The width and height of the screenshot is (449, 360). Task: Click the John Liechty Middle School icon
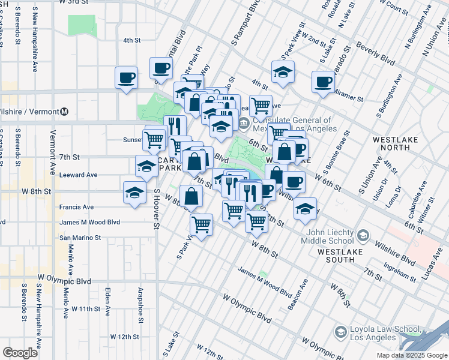pos(363,233)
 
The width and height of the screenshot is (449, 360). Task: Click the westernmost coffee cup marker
pos(126,78)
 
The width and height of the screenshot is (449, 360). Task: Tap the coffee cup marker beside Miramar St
pos(323,82)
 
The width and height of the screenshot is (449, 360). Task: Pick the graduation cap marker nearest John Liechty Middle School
pos(305,208)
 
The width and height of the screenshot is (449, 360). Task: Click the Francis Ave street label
pos(76,207)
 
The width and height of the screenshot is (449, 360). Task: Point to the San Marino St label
pos(80,238)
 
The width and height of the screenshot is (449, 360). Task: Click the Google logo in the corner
pos(20,352)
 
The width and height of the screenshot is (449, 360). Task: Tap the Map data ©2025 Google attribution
pos(411,355)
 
